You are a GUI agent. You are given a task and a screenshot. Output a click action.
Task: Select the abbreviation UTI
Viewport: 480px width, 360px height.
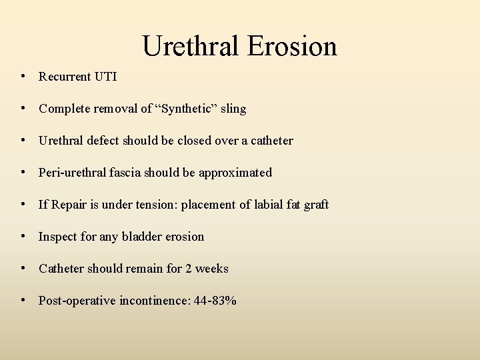(x=105, y=77)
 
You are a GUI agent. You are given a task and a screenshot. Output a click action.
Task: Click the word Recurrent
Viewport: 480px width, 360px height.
(x=65, y=77)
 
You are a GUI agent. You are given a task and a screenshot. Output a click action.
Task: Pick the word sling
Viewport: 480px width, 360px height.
(x=233, y=109)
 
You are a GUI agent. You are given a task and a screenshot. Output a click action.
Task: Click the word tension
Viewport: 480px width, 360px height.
(x=151, y=205)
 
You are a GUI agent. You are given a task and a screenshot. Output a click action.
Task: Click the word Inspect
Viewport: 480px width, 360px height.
(x=58, y=237)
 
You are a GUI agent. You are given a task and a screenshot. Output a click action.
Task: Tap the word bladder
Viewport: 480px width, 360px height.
(x=141, y=237)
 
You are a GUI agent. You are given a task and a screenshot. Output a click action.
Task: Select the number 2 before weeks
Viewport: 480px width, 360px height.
(x=189, y=269)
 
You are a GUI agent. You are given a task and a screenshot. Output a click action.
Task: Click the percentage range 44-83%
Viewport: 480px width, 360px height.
(x=215, y=301)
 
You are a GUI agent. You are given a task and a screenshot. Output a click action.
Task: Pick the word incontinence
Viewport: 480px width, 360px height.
(x=153, y=301)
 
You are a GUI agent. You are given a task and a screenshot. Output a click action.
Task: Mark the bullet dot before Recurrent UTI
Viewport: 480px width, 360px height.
(x=23, y=76)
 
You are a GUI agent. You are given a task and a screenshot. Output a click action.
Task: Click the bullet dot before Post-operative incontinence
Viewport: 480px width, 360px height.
(x=23, y=300)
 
